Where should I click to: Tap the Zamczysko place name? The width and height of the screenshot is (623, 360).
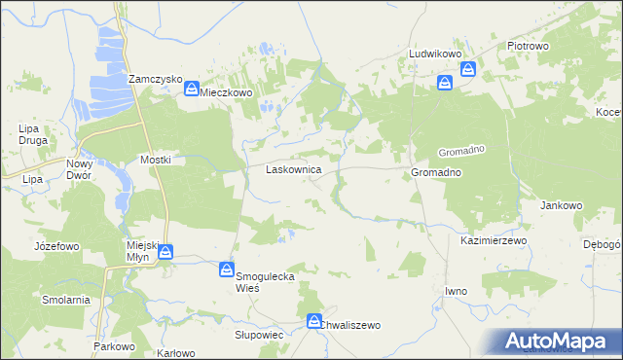(156, 79)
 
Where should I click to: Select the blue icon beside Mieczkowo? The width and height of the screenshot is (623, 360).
(192, 90)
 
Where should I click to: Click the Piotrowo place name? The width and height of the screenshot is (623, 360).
(529, 46)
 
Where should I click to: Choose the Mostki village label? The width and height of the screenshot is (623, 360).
(157, 160)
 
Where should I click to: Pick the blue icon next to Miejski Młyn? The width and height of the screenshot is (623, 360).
(166, 252)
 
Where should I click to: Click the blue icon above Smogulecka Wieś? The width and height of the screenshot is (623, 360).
(227, 270)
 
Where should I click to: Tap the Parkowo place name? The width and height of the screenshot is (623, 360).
(113, 346)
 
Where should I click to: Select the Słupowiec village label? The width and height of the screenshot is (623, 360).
(258, 334)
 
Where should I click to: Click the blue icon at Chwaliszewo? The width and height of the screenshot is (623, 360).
(314, 320)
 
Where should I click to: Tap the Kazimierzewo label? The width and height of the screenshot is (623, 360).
(493, 239)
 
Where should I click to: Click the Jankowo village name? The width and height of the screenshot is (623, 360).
(561, 206)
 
